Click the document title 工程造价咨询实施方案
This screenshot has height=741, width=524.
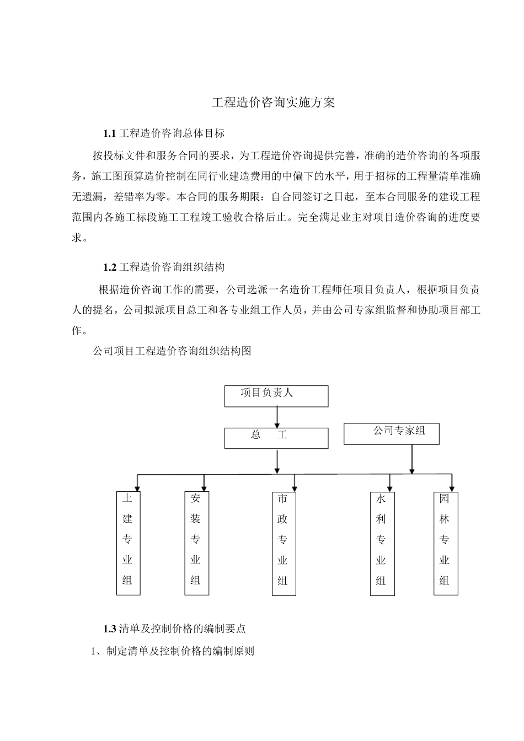[274, 103]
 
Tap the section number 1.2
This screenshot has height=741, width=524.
[110, 267]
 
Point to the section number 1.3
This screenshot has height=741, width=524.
[110, 629]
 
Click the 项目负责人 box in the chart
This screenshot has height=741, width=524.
[276, 396]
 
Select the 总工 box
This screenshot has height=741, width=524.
[276, 438]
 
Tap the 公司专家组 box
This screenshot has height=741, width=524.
[392, 433]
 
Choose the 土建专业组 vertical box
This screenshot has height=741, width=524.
[128, 543]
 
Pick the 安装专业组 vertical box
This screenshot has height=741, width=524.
[196, 543]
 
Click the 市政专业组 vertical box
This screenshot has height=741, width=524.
[284, 543]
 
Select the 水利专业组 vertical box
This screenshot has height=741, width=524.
[382, 543]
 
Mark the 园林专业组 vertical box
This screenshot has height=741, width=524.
[446, 543]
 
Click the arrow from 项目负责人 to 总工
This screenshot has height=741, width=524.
[277, 417]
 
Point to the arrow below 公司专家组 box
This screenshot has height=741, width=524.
[411, 459]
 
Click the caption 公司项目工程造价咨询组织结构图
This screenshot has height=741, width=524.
[173, 351]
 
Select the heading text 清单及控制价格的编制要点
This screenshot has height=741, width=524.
[183, 629]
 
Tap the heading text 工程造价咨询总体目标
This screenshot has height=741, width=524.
[172, 133]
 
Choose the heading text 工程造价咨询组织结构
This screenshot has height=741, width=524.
[172, 267]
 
